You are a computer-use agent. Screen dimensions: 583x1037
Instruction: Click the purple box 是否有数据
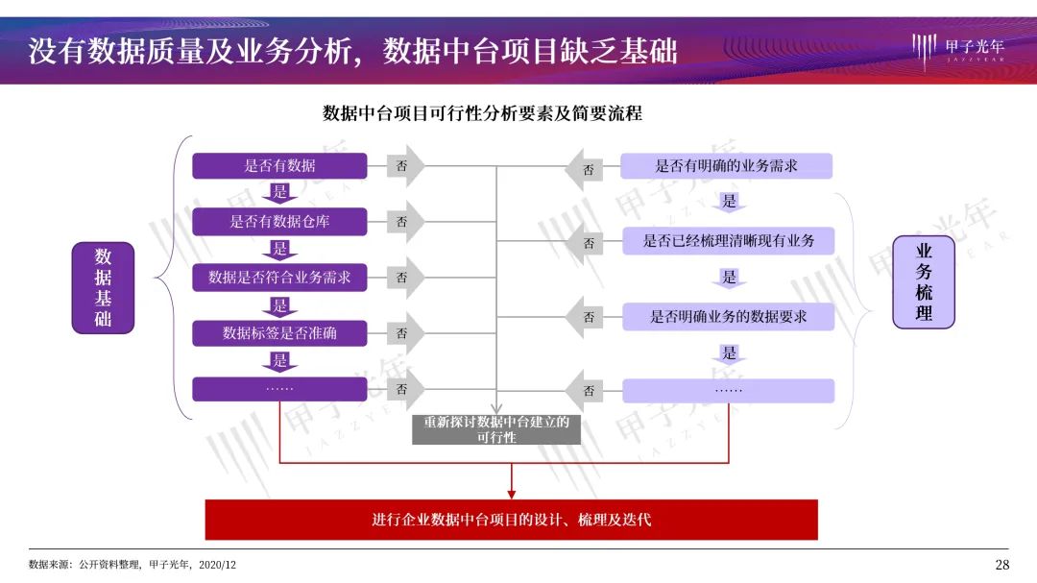tap(279, 165)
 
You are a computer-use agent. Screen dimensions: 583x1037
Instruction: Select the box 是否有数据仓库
tap(279, 222)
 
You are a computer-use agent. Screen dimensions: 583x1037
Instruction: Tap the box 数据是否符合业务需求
tap(279, 278)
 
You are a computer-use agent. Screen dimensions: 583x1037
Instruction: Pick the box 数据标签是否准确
tap(279, 333)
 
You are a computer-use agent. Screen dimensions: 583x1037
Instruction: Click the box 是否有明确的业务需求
tap(726, 165)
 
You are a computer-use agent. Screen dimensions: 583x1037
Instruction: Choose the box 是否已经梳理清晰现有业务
tap(728, 241)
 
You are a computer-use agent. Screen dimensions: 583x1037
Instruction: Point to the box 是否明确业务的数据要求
tap(728, 316)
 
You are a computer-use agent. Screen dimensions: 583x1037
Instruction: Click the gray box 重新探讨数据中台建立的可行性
tap(496, 428)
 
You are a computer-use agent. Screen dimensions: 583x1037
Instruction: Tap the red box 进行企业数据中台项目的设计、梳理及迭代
tap(511, 520)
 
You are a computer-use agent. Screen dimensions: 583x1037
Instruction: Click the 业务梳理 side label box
tap(924, 283)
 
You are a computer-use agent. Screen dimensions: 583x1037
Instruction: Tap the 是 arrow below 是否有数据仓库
tap(279, 250)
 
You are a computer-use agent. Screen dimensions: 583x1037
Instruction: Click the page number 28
tap(1001, 565)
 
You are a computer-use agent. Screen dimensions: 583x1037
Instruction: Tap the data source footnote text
tap(133, 565)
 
